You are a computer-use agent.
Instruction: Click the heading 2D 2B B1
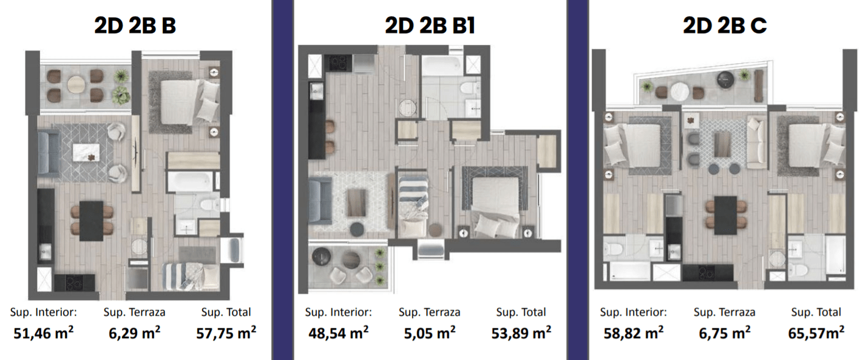pyautogui.click(x=430, y=25)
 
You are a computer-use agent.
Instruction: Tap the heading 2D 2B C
pyautogui.click(x=725, y=25)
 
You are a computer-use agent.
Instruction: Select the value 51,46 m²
pyautogui.click(x=43, y=333)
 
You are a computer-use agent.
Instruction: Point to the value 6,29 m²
pyautogui.click(x=134, y=333)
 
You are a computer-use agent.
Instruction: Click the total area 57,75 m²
pyautogui.click(x=226, y=333)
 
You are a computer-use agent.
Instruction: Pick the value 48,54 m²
pyautogui.click(x=338, y=333)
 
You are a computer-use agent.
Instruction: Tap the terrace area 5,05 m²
pyautogui.click(x=430, y=333)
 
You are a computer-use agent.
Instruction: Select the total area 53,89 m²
pyautogui.click(x=521, y=333)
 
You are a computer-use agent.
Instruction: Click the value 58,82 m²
pyautogui.click(x=634, y=333)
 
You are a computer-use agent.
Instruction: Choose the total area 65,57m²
pyautogui.click(x=816, y=333)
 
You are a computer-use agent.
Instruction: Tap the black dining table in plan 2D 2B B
pyautogui.click(x=92, y=221)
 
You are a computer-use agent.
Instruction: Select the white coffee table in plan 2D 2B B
pyautogui.click(x=86, y=152)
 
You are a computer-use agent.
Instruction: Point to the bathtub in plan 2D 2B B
pyautogui.click(x=190, y=182)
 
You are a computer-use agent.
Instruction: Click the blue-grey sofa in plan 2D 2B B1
pyautogui.click(x=320, y=200)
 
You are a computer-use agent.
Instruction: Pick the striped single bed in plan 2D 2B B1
pyautogui.click(x=413, y=206)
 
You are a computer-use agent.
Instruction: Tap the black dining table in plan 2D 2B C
pyautogui.click(x=725, y=216)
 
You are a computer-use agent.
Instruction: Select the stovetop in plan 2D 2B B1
pyautogui.click(x=338, y=63)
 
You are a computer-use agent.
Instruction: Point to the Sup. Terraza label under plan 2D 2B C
pyautogui.click(x=725, y=312)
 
